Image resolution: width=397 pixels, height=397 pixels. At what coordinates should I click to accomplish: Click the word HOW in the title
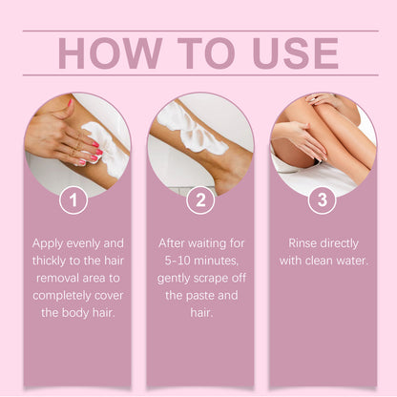pyautogui.click(x=107, y=53)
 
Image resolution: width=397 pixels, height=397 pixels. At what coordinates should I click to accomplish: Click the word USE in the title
pyautogui.click(x=292, y=53)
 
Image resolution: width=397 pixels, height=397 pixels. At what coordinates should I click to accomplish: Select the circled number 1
pyautogui.click(x=74, y=200)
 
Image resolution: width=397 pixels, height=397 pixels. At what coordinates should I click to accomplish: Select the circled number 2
pyautogui.click(x=198, y=200)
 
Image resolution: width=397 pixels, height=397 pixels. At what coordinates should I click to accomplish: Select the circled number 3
pyautogui.click(x=322, y=200)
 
